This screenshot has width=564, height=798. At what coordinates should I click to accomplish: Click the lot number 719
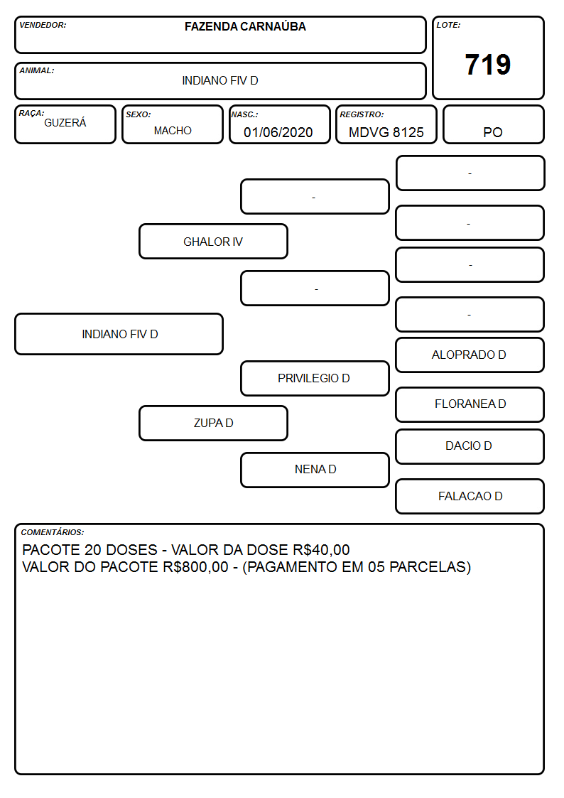click(488, 65)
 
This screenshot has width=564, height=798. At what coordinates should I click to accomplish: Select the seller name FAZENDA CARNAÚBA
click(245, 26)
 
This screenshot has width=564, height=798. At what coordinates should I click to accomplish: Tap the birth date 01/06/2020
click(278, 132)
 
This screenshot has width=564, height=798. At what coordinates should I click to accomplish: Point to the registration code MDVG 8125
click(386, 132)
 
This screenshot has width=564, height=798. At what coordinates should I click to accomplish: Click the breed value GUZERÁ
click(65, 122)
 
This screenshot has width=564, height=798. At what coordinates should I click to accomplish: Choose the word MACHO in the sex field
click(173, 131)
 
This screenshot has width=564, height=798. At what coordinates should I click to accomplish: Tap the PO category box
click(493, 124)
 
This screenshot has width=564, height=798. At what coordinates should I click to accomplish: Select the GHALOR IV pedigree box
click(213, 241)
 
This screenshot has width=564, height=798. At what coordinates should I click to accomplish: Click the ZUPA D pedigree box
click(213, 423)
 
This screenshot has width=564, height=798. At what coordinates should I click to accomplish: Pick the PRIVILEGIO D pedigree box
click(315, 378)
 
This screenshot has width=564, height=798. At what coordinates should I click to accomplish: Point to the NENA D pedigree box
click(315, 470)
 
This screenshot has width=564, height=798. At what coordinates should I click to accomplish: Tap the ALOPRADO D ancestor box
click(470, 355)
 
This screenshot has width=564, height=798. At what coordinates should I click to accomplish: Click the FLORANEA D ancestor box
click(470, 404)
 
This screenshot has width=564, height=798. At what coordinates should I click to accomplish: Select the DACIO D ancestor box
click(470, 446)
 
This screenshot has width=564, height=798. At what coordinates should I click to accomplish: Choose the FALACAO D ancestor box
click(470, 496)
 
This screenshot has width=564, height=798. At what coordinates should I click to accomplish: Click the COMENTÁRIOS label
click(53, 532)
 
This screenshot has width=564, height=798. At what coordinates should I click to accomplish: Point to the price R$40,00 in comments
click(321, 549)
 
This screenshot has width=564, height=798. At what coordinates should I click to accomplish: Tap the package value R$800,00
click(196, 567)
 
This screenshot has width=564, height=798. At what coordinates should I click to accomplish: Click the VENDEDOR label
click(43, 25)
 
